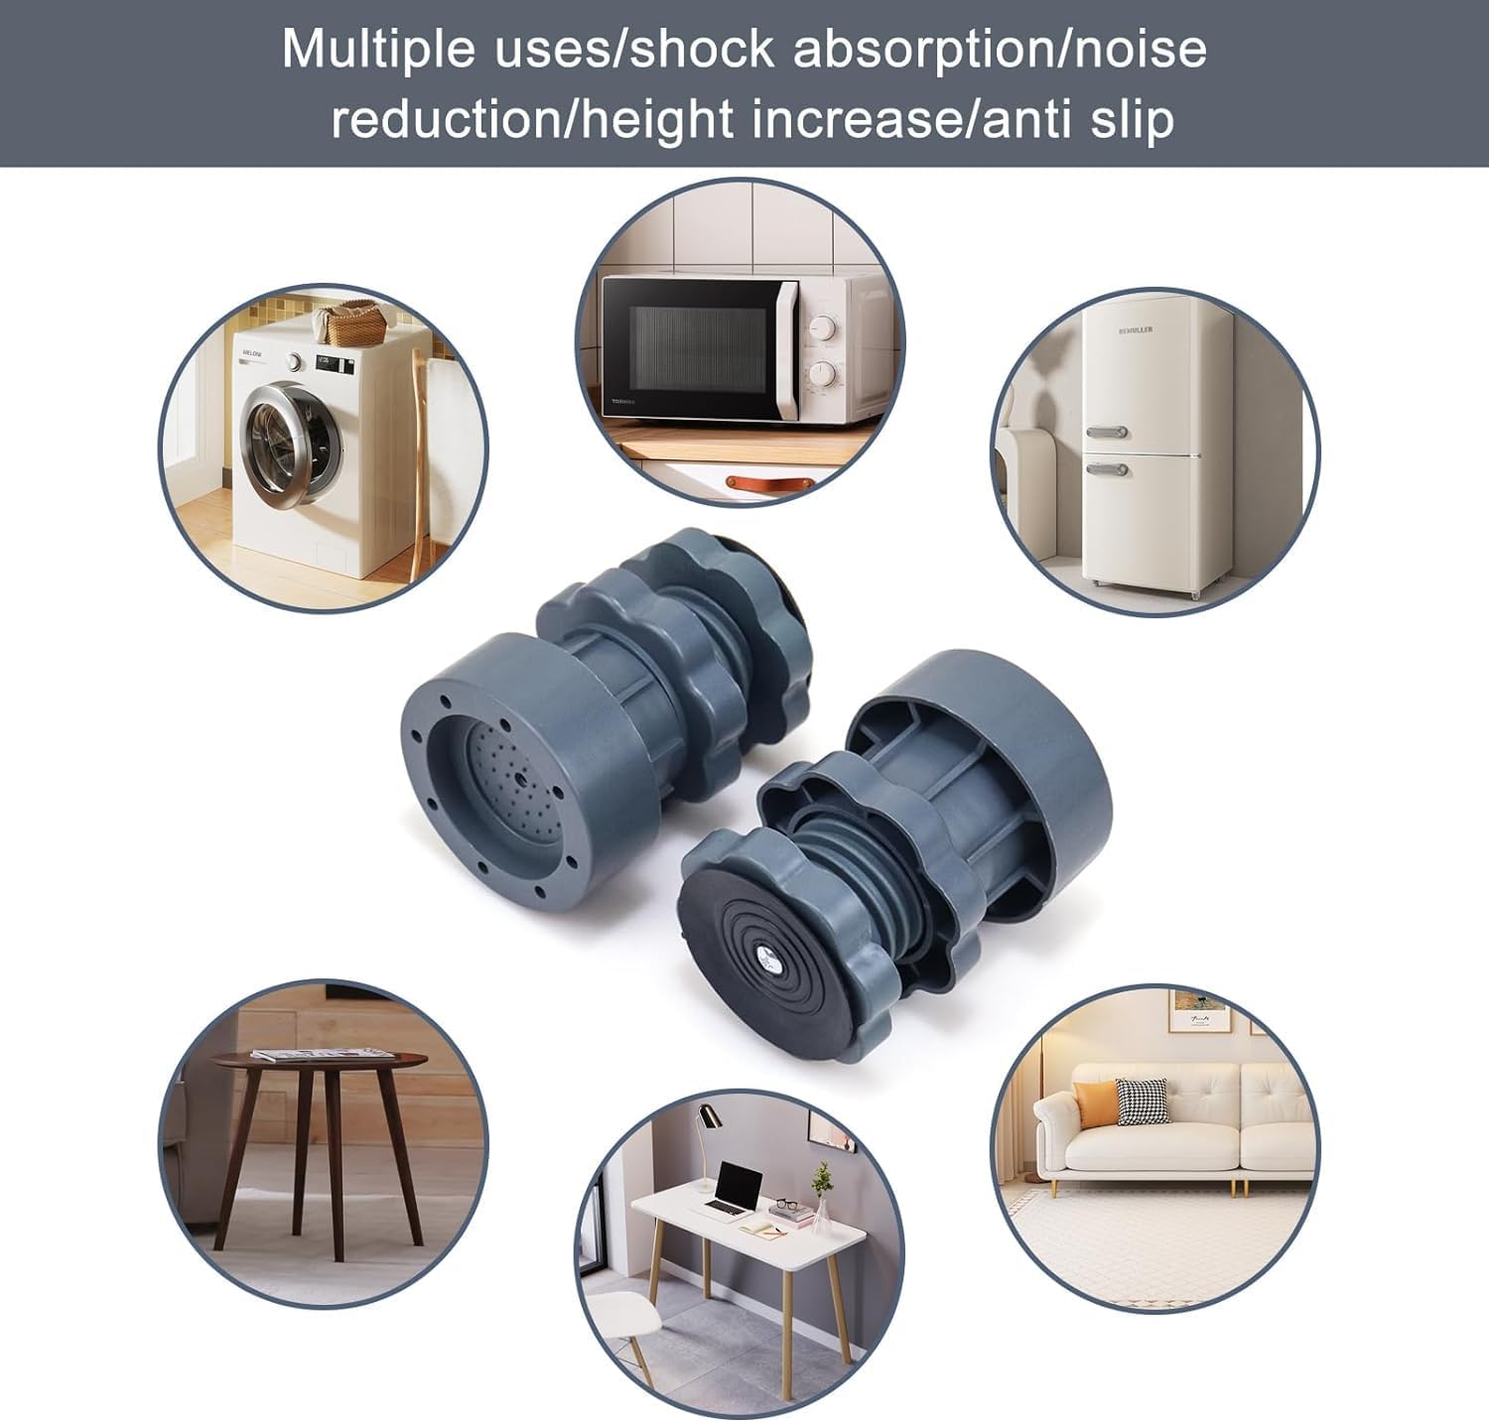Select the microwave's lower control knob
pyautogui.click(x=822, y=374)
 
